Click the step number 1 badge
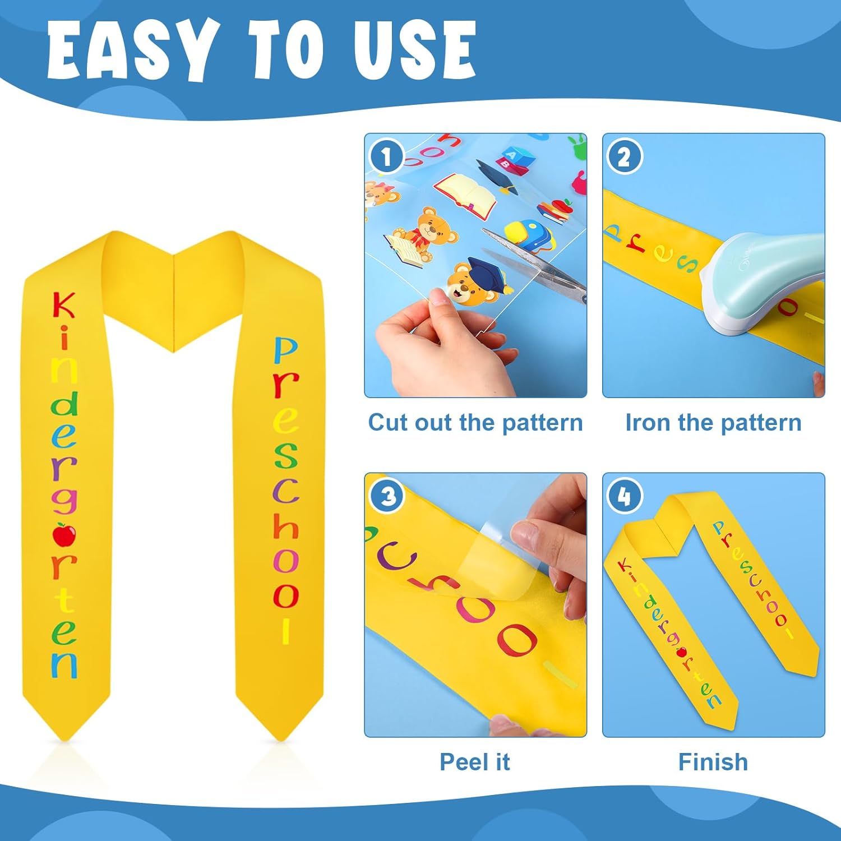[x=386, y=156]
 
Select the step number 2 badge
[x=624, y=157]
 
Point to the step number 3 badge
[x=387, y=496]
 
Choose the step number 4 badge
[x=624, y=496]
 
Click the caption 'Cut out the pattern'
[x=475, y=422]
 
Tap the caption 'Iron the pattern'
[x=713, y=422]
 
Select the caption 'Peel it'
[x=474, y=762]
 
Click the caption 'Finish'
[x=713, y=762]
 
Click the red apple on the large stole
[x=64, y=534]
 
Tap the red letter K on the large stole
[x=63, y=306]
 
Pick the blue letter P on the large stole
[x=285, y=350]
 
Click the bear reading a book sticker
[x=418, y=235]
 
